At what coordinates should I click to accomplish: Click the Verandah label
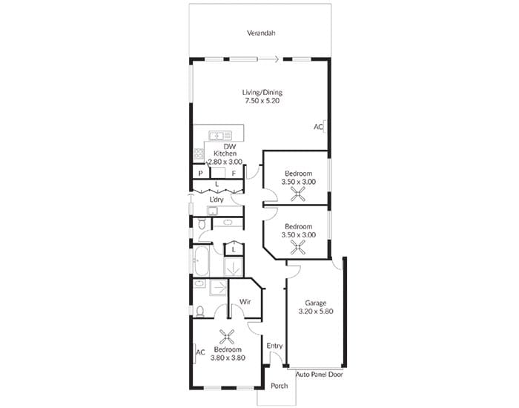click(261, 33)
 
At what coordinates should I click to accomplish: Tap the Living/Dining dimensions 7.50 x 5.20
click(262, 101)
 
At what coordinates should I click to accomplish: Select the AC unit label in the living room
click(318, 127)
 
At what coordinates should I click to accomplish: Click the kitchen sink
click(220, 136)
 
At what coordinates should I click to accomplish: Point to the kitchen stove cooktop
click(199, 154)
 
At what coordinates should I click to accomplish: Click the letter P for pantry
click(201, 174)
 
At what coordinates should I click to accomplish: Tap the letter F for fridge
click(234, 174)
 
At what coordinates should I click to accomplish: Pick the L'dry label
click(216, 200)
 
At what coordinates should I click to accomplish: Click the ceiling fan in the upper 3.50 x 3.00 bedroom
click(298, 194)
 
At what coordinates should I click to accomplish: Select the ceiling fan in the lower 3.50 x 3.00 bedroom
click(298, 247)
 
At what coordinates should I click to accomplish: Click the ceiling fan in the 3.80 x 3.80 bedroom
click(227, 337)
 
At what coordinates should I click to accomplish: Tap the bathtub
click(201, 261)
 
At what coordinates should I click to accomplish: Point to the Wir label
click(245, 302)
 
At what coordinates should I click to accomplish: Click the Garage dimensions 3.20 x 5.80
click(316, 312)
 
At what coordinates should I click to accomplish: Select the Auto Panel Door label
click(319, 375)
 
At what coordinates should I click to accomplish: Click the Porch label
click(279, 386)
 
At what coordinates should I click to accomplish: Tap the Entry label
click(275, 346)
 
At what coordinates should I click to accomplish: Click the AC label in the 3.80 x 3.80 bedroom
click(201, 352)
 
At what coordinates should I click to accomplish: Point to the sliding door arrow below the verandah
click(268, 59)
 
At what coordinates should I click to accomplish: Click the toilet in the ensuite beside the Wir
click(199, 312)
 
